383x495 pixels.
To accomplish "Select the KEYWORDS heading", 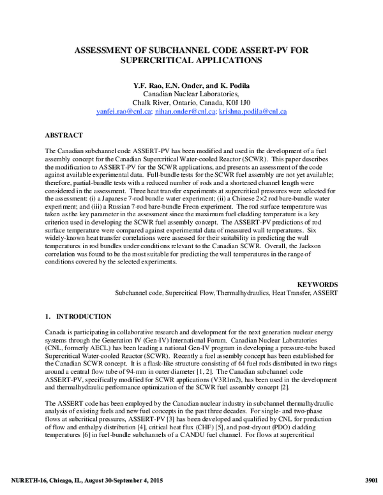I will click(x=317, y=283).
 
